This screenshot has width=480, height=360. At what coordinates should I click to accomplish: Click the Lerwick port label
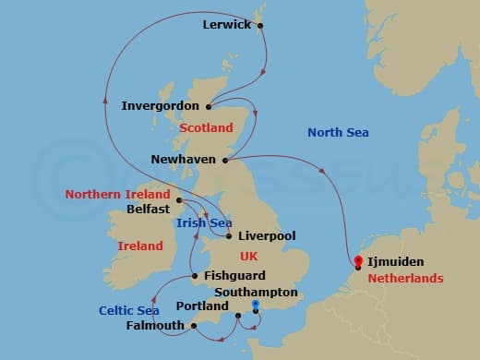pyautogui.click(x=226, y=25)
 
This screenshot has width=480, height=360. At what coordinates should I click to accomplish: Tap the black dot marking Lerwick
pyautogui.click(x=260, y=25)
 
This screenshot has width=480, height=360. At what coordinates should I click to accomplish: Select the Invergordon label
pyautogui.click(x=162, y=106)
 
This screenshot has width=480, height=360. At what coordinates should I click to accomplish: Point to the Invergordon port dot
pyautogui.click(x=210, y=106)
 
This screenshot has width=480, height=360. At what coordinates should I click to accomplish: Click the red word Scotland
pyautogui.click(x=206, y=127)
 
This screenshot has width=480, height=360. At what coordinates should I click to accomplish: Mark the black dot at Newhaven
pyautogui.click(x=225, y=160)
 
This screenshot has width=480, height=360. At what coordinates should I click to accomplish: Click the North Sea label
pyautogui.click(x=338, y=133)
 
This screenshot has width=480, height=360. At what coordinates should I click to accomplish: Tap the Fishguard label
pyautogui.click(x=234, y=275)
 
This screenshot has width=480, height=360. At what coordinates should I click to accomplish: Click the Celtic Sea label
pyautogui.click(x=128, y=310)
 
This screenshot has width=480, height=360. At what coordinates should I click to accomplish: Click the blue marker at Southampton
pyautogui.click(x=256, y=304)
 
